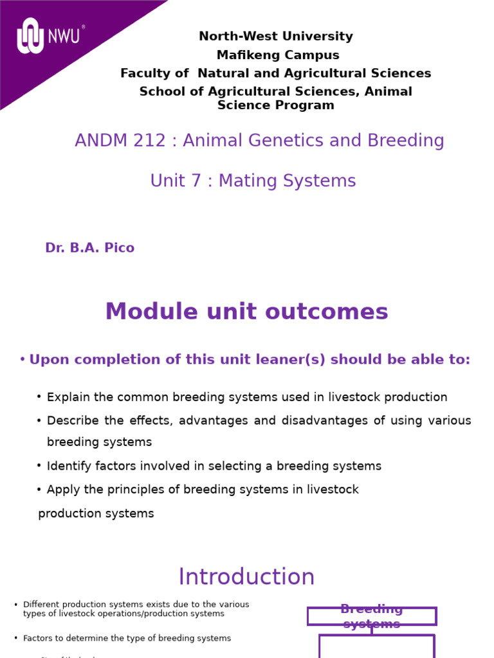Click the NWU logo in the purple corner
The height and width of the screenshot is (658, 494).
point(49,36)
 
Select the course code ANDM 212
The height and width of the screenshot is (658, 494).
point(122,141)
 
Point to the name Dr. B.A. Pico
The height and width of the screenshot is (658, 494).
point(89,248)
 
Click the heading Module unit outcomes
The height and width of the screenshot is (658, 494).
point(246,312)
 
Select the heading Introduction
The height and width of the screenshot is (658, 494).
point(246,577)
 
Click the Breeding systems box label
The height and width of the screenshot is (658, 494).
point(371,616)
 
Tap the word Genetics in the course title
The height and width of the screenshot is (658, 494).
point(286,141)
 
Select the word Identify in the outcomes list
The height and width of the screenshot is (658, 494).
point(69,467)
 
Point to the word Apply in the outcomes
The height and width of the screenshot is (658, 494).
point(62,490)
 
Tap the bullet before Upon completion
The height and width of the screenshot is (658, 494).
point(23,360)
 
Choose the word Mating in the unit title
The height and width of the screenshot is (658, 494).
point(250,182)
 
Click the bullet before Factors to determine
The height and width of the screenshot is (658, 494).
point(15,638)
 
